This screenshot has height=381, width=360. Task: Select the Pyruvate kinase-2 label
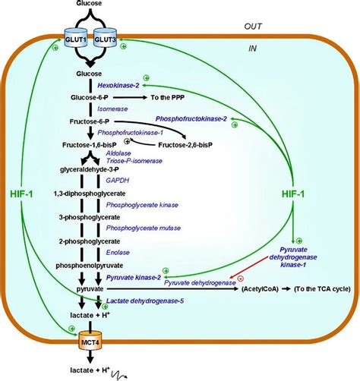tap(134, 279)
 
